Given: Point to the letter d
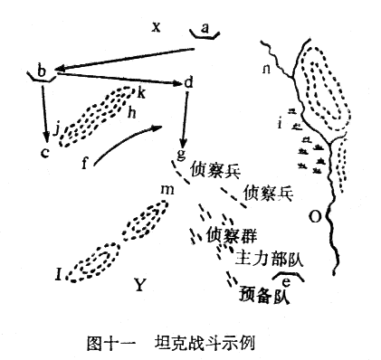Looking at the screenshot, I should pos(188,82).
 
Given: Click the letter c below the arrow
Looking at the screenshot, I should pos(43,150).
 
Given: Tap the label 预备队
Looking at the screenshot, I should pos(264,295).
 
